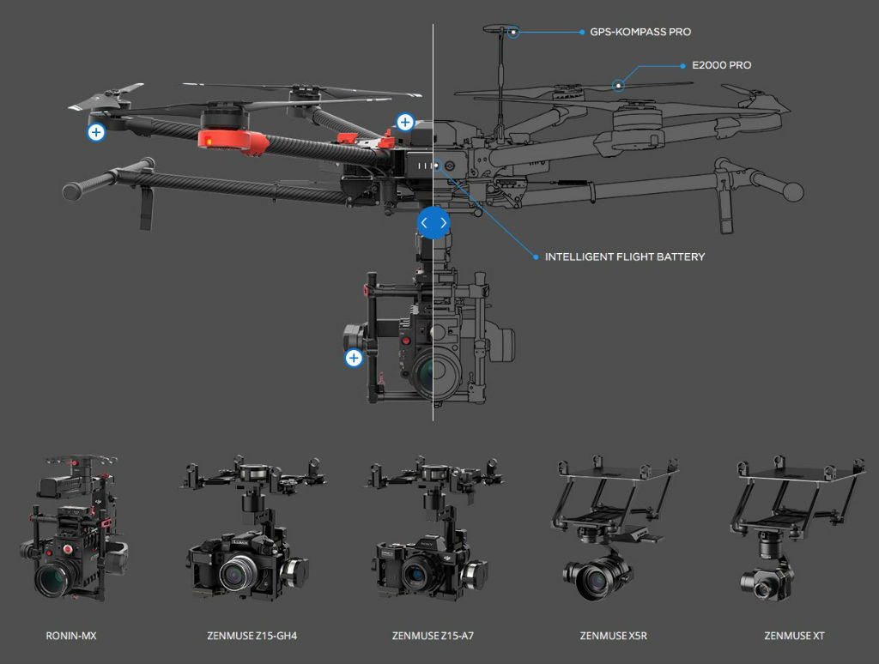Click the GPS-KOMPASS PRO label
640,33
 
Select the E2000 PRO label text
721,65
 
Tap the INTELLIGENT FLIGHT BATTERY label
624,257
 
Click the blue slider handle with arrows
433,223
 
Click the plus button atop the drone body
404,123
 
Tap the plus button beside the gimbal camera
354,358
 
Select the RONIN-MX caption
71,637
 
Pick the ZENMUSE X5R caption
613,637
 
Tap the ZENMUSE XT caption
794,637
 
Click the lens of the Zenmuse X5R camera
593,581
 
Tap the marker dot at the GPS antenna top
513,33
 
